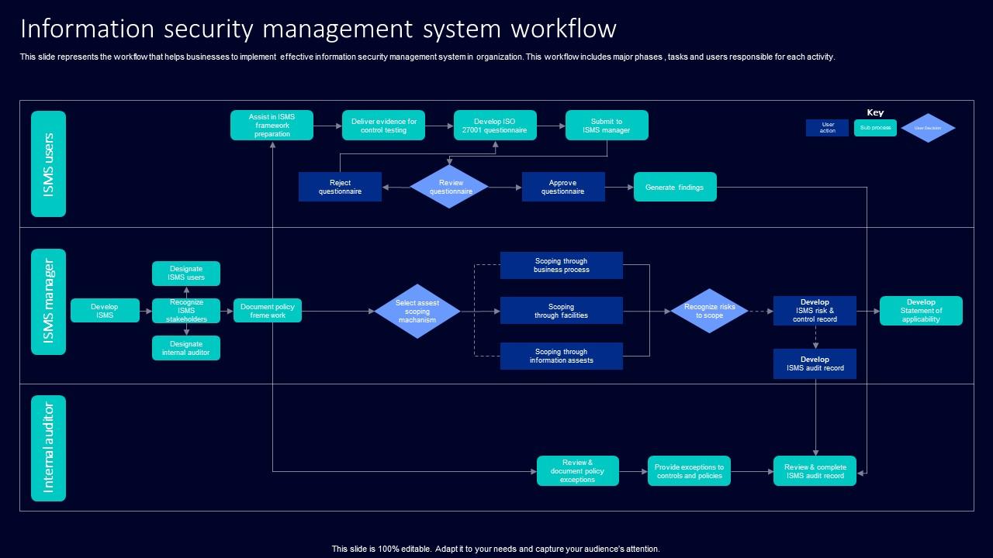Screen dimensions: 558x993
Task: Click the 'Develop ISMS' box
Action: [x=105, y=311]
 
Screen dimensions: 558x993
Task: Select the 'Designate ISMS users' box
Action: [x=186, y=274]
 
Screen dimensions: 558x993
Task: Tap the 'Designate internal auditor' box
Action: [x=186, y=348]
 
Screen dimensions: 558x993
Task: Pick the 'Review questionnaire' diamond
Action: [x=450, y=187]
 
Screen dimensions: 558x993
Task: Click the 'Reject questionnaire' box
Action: [x=340, y=187]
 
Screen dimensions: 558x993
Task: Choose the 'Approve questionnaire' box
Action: [x=562, y=187]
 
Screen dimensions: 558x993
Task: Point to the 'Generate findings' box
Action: [x=674, y=187]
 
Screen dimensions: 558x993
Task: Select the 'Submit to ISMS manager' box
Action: [x=607, y=126]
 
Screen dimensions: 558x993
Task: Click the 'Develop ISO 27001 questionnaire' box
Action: [x=494, y=126]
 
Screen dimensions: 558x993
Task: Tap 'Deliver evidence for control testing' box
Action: [x=383, y=126]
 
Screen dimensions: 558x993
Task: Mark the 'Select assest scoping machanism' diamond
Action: [x=417, y=312]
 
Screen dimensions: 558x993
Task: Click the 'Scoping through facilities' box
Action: [x=561, y=311]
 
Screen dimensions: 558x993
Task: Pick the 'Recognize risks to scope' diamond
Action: [x=709, y=311]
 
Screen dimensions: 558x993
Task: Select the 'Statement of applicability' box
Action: [x=921, y=311]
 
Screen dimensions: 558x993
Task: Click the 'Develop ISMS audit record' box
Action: [x=815, y=363]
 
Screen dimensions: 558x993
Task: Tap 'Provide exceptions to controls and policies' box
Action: [x=689, y=471]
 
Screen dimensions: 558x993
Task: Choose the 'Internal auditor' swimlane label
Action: [x=48, y=448]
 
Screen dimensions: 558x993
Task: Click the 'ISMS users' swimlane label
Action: [x=48, y=164]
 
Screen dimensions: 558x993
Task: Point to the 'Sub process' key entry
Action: [x=875, y=128]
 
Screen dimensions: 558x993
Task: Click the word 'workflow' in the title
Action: [x=563, y=29]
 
